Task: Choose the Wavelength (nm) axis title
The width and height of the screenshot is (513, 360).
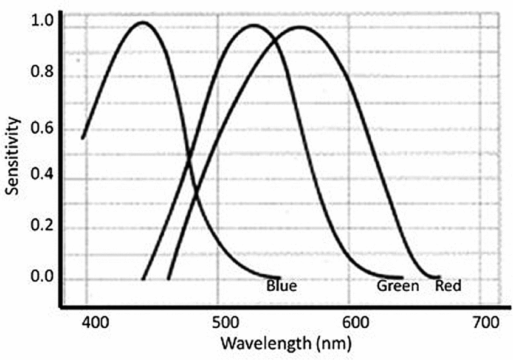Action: pos(286,344)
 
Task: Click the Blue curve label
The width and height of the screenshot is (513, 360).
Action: pos(281,285)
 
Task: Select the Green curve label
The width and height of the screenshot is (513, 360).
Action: pos(398,285)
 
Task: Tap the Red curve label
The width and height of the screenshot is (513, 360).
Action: pos(448,285)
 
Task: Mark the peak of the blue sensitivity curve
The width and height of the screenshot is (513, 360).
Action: pos(143,22)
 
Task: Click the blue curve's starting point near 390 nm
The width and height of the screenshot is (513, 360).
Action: pos(83,138)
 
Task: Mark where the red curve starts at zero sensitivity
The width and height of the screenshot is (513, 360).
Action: pos(168,279)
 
